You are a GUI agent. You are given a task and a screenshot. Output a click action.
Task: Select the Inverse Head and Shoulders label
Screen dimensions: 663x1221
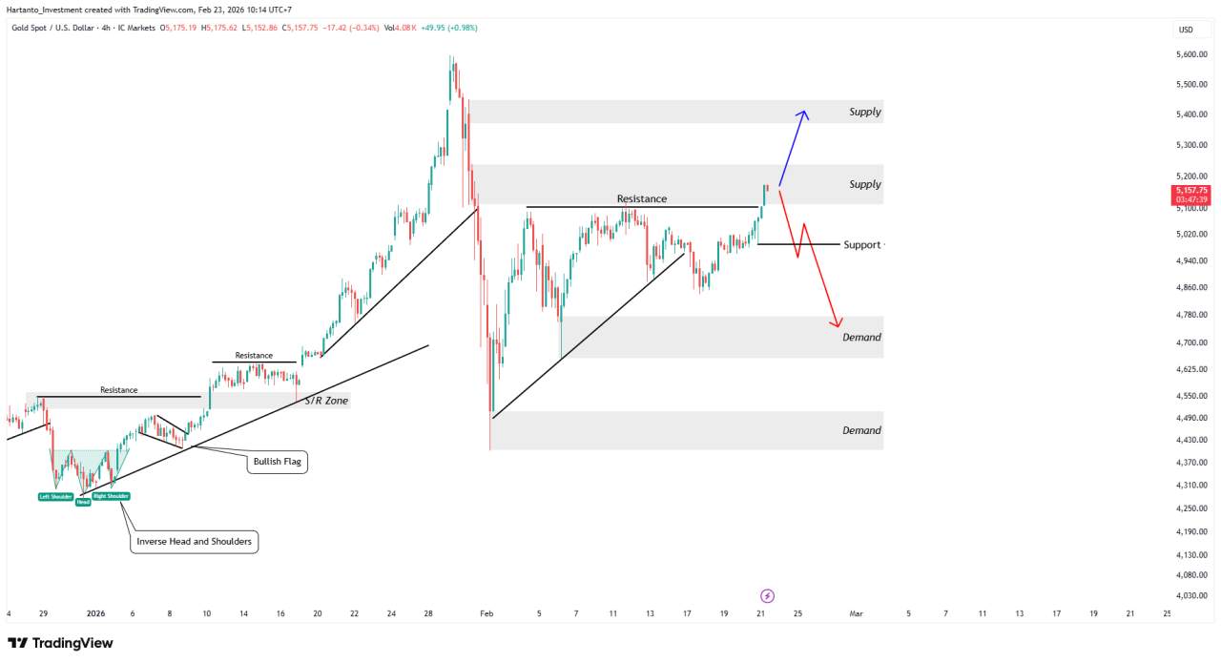pos(195,542)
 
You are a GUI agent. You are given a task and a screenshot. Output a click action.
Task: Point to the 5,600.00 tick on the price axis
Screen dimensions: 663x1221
pos(1191,54)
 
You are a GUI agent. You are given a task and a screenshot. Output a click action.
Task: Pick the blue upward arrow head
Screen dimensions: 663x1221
pos(803,114)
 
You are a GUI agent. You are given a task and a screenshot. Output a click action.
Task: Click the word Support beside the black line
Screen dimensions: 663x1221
pos(861,245)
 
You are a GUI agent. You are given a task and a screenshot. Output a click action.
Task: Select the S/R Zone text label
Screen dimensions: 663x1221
pos(326,401)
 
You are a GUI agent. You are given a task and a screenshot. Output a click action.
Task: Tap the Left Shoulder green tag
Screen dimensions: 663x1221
pos(56,496)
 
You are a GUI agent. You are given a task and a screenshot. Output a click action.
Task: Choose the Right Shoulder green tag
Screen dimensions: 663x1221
pos(111,496)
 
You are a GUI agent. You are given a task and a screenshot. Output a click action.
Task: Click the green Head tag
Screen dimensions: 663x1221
pos(83,502)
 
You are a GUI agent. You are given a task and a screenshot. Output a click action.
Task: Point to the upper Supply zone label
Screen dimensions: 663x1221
pos(865,113)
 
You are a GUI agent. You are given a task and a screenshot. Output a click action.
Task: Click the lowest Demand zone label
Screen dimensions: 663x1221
pos(861,430)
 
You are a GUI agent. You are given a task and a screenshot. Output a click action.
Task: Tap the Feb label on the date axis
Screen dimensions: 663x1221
pos(486,614)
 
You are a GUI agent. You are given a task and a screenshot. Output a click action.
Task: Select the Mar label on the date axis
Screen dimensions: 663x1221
pos(857,614)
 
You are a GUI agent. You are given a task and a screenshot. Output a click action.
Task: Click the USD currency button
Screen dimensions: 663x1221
pos(1186,30)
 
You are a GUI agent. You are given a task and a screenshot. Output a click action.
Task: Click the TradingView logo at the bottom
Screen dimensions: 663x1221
pos(60,643)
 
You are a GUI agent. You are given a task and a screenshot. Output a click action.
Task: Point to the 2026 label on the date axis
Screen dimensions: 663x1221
pos(95,614)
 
